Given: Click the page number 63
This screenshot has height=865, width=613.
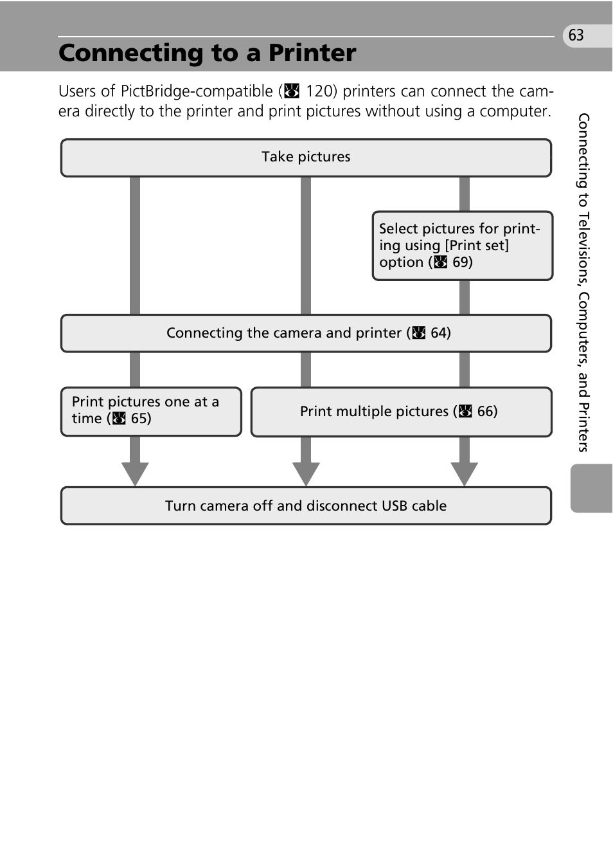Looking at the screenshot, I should coord(576,35).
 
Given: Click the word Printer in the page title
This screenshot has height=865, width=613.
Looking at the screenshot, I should coord(312,53).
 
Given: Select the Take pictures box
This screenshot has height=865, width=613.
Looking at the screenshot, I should coord(306,158).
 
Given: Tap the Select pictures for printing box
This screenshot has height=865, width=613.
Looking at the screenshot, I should coord(461,246).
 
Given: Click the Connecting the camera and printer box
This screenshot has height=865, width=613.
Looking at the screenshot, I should coord(306,333).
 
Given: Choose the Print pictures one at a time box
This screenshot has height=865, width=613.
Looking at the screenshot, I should coord(150,411).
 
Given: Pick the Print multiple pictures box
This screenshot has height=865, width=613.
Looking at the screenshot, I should coord(401,412).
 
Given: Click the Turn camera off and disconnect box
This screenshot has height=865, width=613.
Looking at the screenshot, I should coord(306,506).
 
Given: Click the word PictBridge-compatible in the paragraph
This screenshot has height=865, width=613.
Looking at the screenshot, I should coord(197,91).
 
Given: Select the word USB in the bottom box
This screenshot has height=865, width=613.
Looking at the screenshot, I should coord(395,506).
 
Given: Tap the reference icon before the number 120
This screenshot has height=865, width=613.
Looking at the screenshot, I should coord(292,91).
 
